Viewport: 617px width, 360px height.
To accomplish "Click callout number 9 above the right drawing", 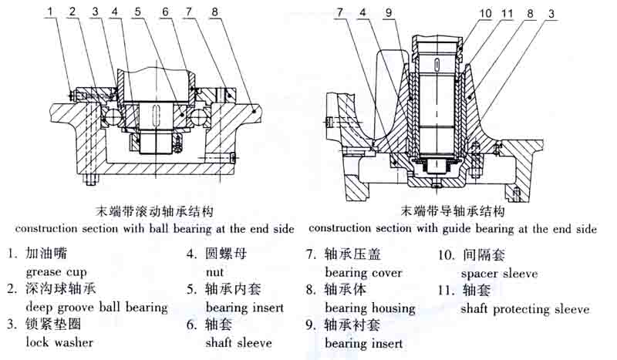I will click(x=389, y=12).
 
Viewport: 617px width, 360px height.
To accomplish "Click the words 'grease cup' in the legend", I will click(x=56, y=271).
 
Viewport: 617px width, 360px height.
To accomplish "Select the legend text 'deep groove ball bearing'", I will click(x=96, y=308).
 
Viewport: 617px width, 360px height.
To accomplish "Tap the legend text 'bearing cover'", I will click(x=363, y=272).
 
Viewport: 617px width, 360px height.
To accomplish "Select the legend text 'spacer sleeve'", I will click(x=499, y=273).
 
